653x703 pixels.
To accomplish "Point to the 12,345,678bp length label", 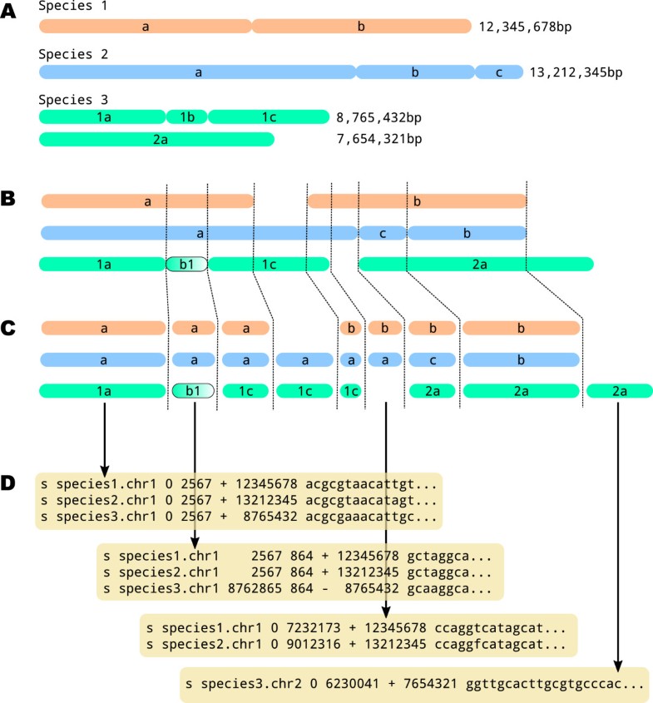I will [527, 27].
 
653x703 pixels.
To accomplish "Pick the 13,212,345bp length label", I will [576, 73].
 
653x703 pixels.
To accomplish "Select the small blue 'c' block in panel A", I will [499, 73].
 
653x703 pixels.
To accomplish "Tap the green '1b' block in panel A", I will [187, 116].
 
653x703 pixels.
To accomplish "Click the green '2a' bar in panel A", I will [156, 139].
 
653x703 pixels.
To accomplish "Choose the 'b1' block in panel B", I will [187, 264].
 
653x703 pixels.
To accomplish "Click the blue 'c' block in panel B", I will [383, 233].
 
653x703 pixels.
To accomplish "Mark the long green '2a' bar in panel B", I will [475, 264].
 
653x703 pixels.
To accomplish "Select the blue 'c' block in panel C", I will [433, 360].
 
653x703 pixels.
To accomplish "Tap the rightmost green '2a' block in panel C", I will [618, 390].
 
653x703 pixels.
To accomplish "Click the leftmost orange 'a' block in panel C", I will [103, 328].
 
